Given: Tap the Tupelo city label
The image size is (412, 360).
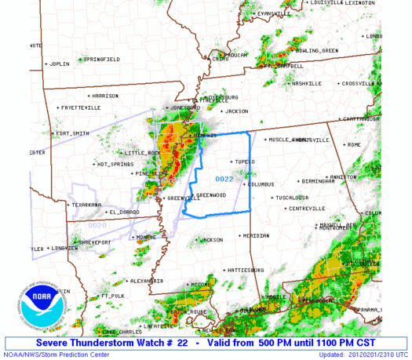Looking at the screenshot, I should pos(245,162).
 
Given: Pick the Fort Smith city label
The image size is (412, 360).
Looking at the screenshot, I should pos(73,133).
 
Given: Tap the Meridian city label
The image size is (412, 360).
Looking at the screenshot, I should pos(256,235).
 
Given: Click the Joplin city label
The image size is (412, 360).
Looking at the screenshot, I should pos(57,63).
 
